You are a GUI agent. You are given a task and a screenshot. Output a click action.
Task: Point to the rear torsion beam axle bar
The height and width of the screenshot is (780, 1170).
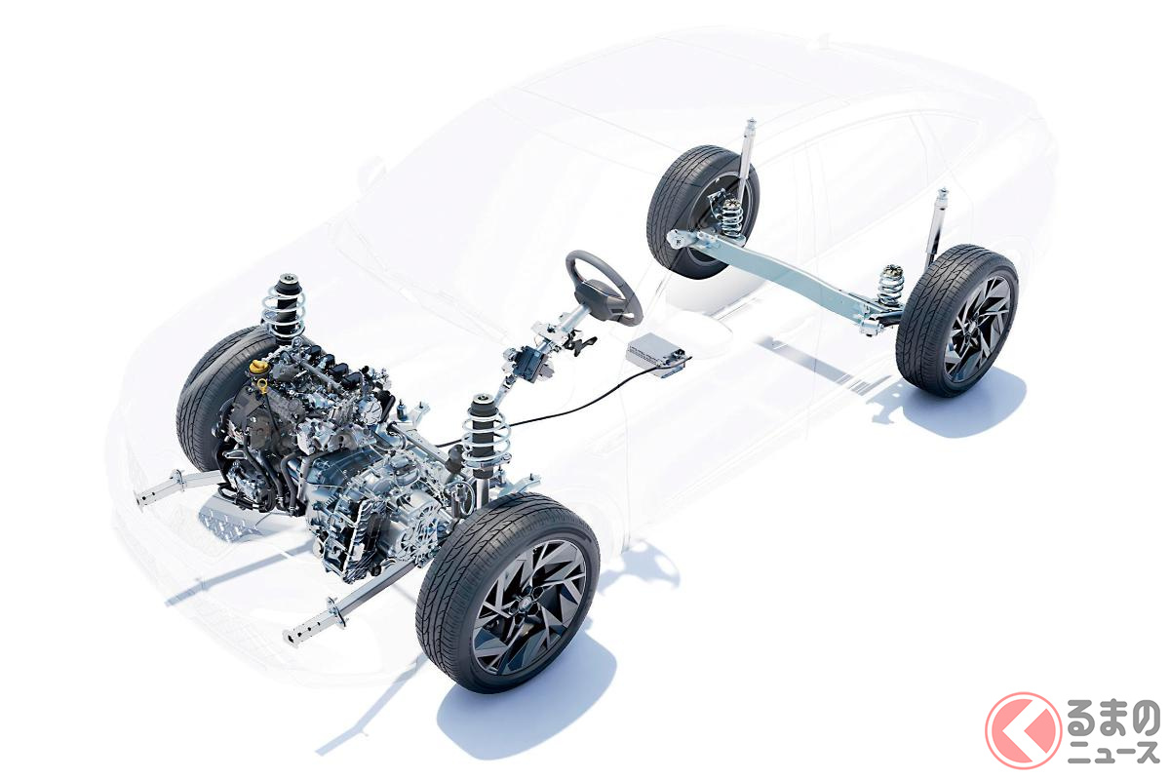(x=784, y=274)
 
